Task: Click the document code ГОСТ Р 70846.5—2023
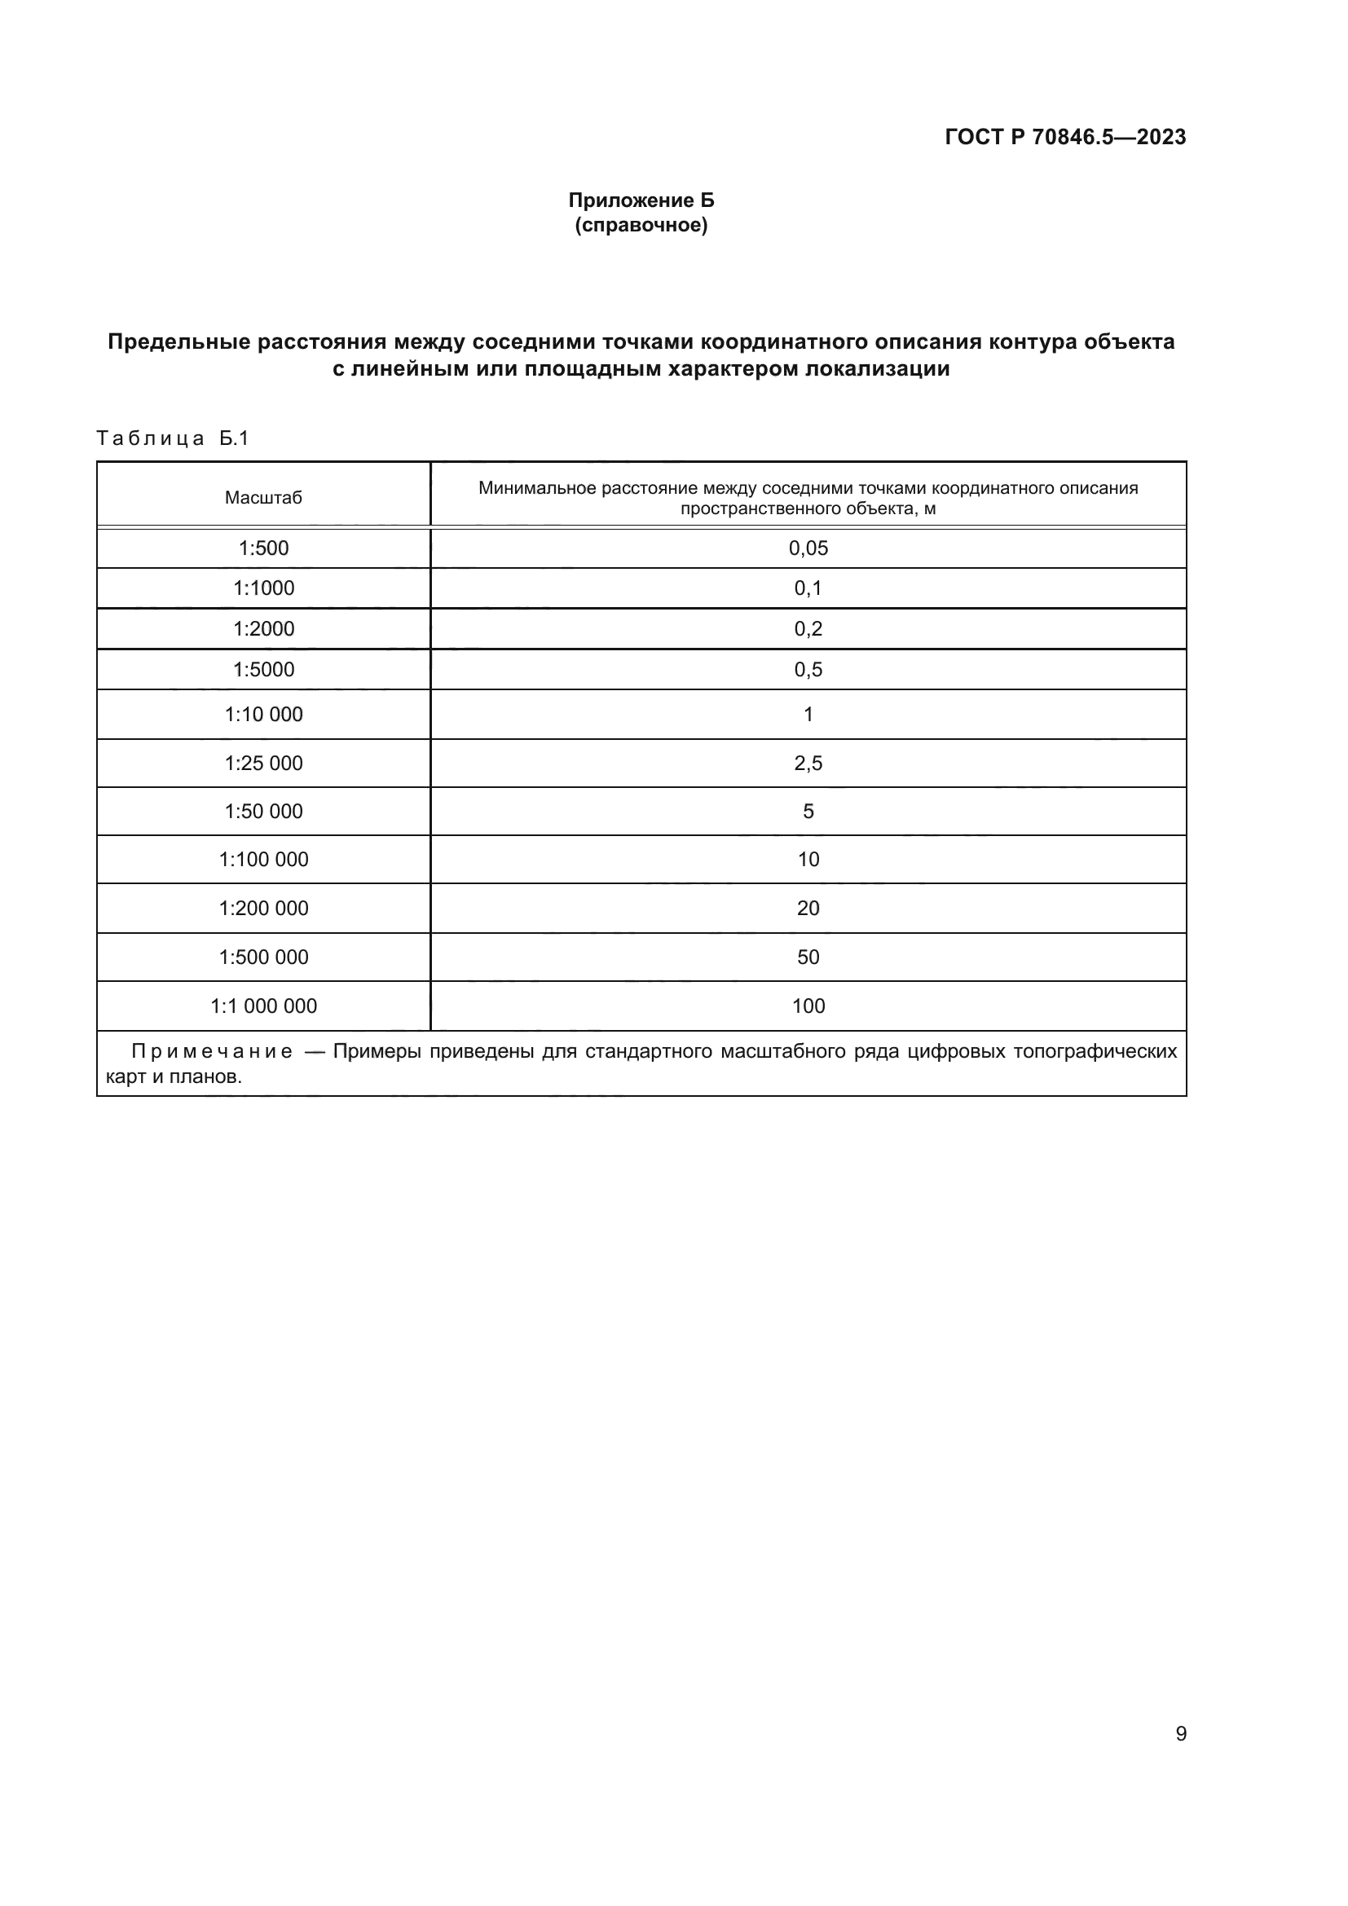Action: [1065, 138]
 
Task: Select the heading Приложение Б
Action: [641, 200]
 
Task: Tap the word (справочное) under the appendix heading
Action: [641, 225]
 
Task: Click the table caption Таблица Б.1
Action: [173, 438]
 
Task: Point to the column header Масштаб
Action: [263, 498]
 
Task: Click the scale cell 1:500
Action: [263, 548]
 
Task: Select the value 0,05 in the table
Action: [808, 548]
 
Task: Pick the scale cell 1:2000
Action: [263, 628]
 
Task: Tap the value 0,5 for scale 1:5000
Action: [808, 669]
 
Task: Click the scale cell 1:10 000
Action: [263, 714]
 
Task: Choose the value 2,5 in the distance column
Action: [808, 763]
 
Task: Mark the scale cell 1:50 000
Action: [263, 811]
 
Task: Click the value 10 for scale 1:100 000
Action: [808, 859]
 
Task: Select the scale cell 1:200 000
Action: [263, 908]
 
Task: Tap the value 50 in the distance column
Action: [808, 957]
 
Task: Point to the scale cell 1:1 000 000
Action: [263, 1006]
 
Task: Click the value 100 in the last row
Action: [808, 1006]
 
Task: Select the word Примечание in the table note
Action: [212, 1052]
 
